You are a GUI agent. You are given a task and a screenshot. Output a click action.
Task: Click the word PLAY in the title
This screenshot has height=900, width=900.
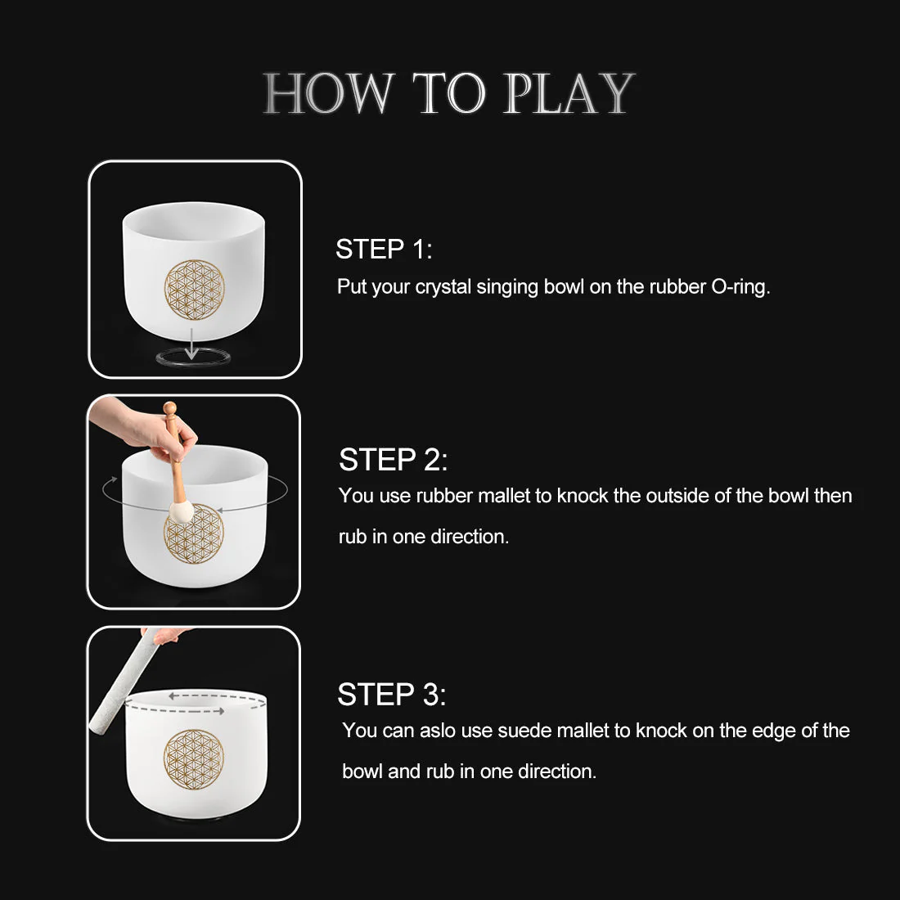(568, 93)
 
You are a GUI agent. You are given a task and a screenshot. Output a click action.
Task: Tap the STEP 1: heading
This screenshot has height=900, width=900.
(384, 249)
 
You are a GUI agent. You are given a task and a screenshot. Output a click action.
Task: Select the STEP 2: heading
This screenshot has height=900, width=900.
(393, 460)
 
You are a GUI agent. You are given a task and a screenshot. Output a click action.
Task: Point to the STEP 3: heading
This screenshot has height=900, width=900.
(391, 695)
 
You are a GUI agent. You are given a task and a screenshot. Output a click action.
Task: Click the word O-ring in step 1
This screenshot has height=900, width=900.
(740, 287)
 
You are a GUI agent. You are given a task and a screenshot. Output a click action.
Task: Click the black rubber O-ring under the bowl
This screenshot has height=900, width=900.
(194, 358)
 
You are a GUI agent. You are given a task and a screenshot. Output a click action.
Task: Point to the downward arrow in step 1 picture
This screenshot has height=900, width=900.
(191, 343)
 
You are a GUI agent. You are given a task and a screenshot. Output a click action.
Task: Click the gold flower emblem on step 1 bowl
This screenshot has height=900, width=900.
(194, 290)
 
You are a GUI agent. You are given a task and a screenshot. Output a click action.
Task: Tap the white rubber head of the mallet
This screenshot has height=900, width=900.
(181, 511)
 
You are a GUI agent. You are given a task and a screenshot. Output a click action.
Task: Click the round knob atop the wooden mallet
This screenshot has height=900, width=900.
(169, 408)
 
